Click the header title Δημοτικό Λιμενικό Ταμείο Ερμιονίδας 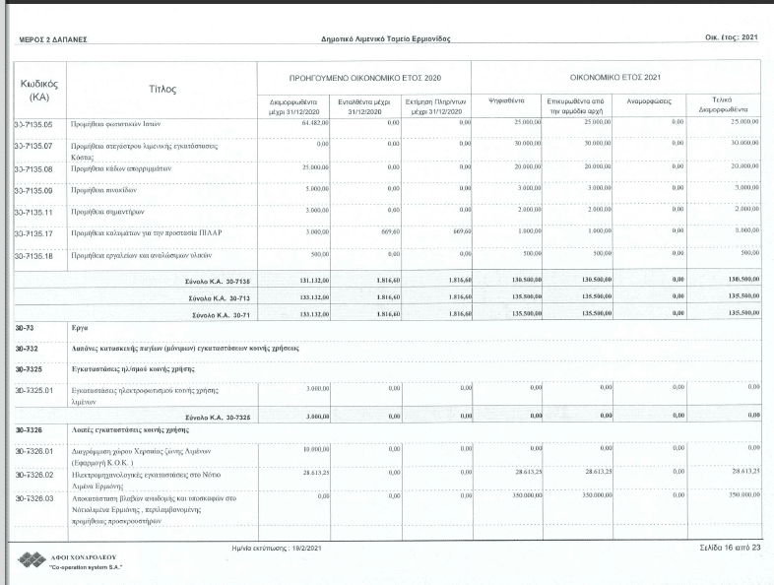(386, 39)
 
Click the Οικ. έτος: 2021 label (730, 37)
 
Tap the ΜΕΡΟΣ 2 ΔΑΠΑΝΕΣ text (53, 40)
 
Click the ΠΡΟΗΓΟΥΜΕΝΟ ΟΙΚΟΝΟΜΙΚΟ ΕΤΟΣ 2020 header (364, 76)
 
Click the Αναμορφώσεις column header (641, 101)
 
